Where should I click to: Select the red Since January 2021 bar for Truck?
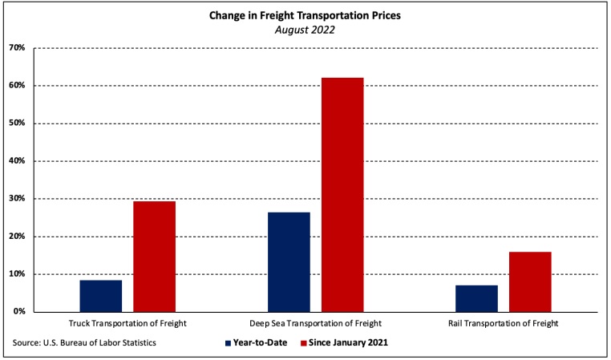click(x=154, y=256)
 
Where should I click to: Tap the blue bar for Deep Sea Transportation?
click(x=289, y=261)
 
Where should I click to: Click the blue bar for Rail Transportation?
click(x=476, y=298)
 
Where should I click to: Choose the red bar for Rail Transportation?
click(x=530, y=281)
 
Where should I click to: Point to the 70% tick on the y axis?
click(x=18, y=48)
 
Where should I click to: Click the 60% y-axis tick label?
click(x=18, y=86)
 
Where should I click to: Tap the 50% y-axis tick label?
click(x=18, y=123)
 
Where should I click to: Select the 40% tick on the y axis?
click(x=18, y=161)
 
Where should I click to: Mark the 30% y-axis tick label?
click(x=18, y=199)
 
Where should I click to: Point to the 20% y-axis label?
click(x=18, y=237)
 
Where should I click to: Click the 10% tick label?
click(x=18, y=274)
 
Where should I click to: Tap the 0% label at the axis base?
click(x=20, y=312)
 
